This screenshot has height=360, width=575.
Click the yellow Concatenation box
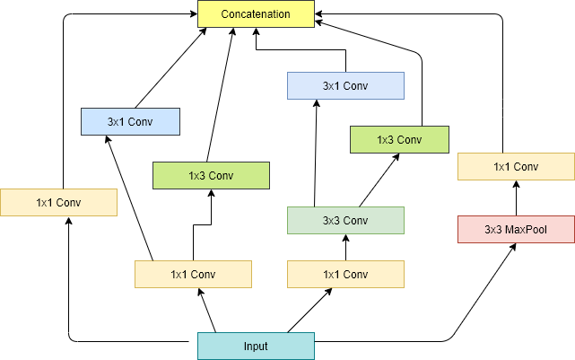pyautogui.click(x=256, y=13)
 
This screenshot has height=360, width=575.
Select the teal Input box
pyautogui.click(x=256, y=346)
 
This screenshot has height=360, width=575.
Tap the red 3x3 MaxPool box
pyautogui.click(x=516, y=229)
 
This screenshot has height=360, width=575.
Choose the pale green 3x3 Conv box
pyautogui.click(x=345, y=220)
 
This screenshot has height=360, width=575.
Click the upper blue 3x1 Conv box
pyautogui.click(x=345, y=85)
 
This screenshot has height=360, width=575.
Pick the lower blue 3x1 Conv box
pyautogui.click(x=130, y=121)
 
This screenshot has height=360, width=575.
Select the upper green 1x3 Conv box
pyautogui.click(x=399, y=139)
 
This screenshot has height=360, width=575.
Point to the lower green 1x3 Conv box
pyautogui.click(x=211, y=175)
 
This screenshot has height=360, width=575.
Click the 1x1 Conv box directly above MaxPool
pyautogui.click(x=516, y=166)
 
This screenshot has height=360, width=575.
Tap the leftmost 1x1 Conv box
pyautogui.click(x=58, y=202)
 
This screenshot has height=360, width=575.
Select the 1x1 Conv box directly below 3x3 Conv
pyautogui.click(x=345, y=274)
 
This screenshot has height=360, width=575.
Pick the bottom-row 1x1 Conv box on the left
pyautogui.click(x=193, y=274)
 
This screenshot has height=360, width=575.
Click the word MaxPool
pyautogui.click(x=527, y=229)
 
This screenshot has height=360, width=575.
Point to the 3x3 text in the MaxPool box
pyautogui.click(x=492, y=229)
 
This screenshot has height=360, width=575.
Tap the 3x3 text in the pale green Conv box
pyautogui.click(x=331, y=220)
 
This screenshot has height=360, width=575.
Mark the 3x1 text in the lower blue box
pyautogui.click(x=116, y=121)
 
